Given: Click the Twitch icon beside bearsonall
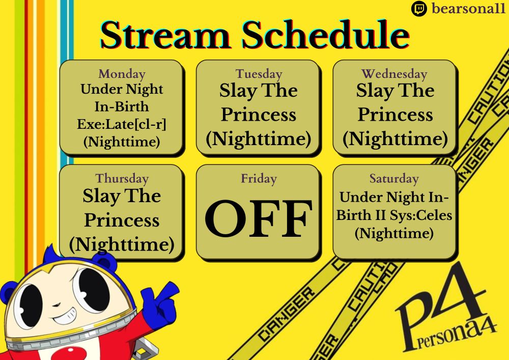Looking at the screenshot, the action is [419, 9].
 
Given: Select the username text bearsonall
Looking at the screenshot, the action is [468, 9].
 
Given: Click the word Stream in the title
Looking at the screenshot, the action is [165, 35].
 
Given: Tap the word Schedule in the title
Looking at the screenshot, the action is [325, 35].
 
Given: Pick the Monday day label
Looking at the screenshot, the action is [122, 74].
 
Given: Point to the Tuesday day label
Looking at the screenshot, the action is [259, 74].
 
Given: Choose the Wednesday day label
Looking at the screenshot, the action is [394, 74].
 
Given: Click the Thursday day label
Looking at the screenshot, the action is [122, 179].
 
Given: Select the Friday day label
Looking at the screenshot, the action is [259, 179].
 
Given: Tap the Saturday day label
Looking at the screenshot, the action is [394, 179].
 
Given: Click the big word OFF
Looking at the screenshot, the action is [259, 218].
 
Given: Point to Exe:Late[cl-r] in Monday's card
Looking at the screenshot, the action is [122, 124].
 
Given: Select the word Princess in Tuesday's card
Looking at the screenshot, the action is [259, 115].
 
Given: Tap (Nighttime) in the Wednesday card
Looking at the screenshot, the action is [395, 139].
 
